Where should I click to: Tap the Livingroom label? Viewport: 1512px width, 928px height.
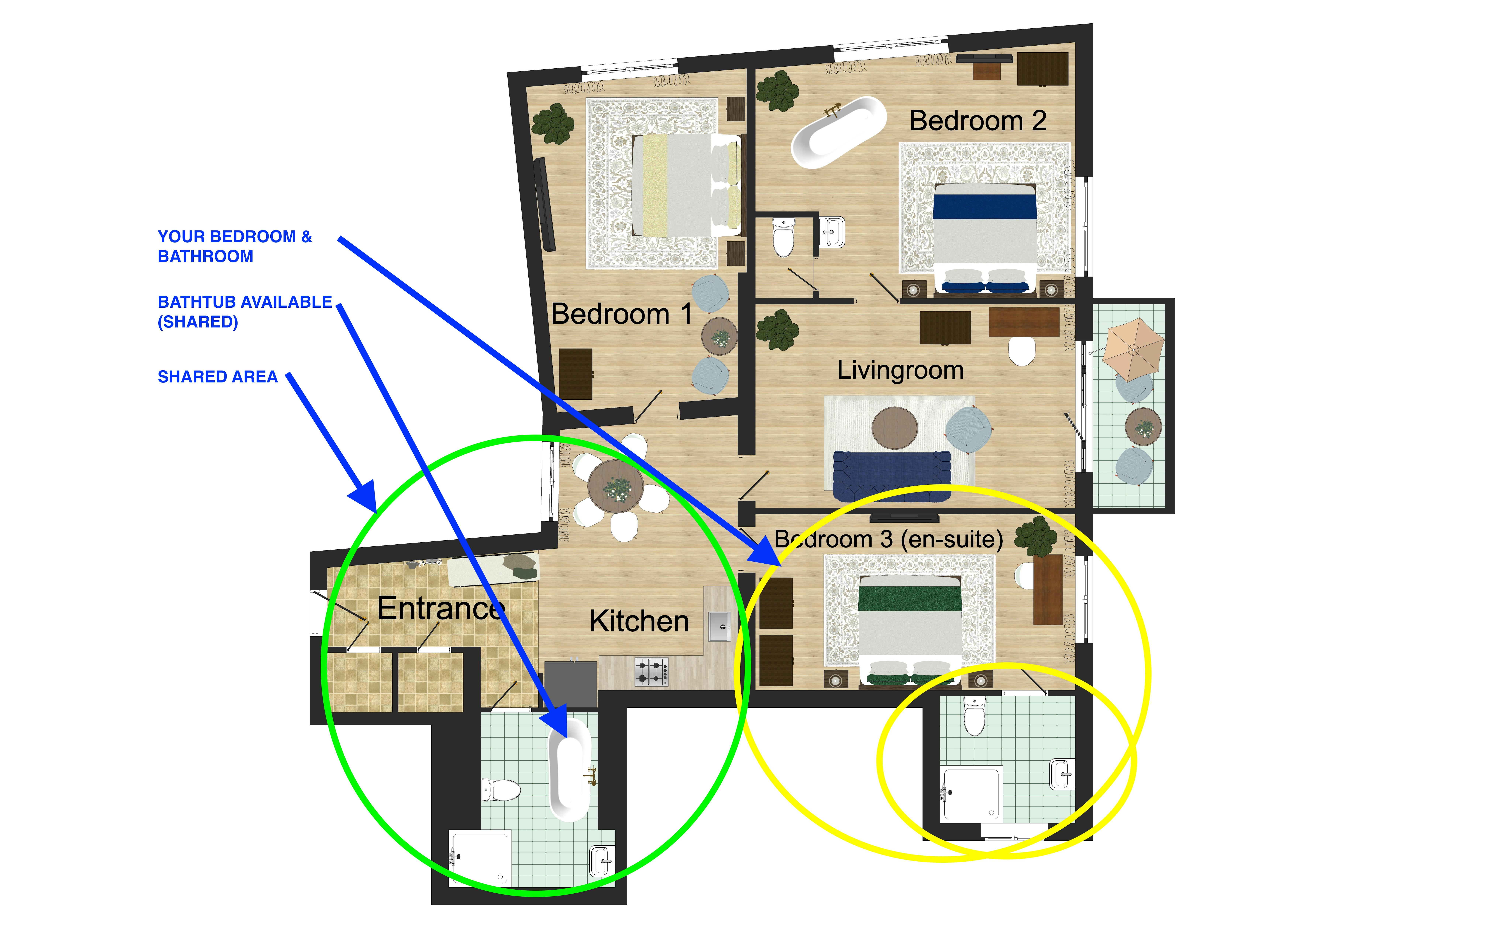(900, 370)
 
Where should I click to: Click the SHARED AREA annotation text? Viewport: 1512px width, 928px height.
(217, 377)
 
